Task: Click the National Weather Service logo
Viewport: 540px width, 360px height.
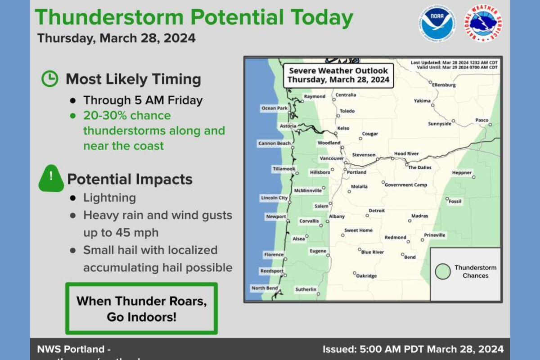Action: (483, 23)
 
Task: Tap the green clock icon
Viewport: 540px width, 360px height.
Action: (50, 79)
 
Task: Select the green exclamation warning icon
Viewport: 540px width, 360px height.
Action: (51, 178)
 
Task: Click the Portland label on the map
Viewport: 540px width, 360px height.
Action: (356, 172)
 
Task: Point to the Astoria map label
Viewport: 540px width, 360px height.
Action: (288, 126)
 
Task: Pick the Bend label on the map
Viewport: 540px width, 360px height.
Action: (410, 257)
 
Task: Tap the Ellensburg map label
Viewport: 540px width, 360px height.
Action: (444, 85)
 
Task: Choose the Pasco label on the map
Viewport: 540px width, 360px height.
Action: (481, 120)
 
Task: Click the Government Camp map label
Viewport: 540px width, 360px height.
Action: (405, 185)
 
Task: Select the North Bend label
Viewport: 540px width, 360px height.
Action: (264, 288)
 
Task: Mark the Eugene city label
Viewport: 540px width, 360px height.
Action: (318, 251)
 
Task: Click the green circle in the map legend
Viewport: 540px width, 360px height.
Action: (443, 271)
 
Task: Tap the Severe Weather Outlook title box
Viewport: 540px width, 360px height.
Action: (338, 75)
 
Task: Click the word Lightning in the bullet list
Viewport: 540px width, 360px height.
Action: (109, 198)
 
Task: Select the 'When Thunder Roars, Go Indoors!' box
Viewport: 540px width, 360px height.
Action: (141, 309)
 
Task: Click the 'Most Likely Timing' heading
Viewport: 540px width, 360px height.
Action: (133, 79)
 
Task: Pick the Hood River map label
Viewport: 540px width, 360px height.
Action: (406, 154)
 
